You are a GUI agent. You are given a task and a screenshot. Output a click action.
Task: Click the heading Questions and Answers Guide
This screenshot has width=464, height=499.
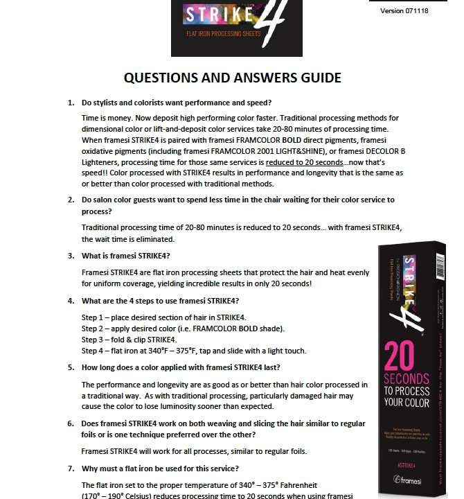231,77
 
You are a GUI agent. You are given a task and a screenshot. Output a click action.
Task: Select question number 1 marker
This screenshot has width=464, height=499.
71,103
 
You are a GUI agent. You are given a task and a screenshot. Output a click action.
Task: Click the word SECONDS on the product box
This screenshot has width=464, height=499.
409,379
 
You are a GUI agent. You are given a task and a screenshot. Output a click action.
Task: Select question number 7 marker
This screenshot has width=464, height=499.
71,469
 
